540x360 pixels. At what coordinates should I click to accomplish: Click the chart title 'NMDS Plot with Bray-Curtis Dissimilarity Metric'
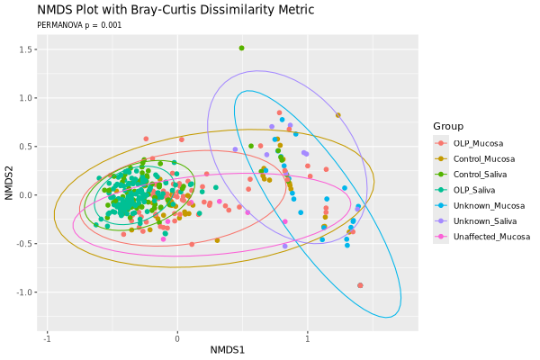[x=175, y=10]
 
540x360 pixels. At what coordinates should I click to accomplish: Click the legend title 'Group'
[x=448, y=125]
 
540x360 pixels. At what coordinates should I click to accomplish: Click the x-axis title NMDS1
[x=228, y=349]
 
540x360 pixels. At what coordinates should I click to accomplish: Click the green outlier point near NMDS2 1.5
[x=241, y=48]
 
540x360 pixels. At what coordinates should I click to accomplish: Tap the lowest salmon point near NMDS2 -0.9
[x=360, y=285]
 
